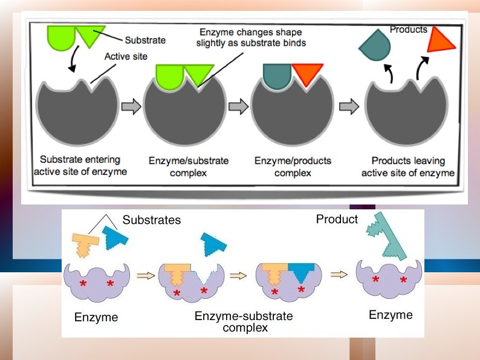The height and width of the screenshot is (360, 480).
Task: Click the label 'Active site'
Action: click(125, 57)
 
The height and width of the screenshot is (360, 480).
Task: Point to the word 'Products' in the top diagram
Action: click(408, 29)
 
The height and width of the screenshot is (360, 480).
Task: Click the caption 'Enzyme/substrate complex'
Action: click(189, 166)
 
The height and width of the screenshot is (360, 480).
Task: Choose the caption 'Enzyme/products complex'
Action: click(293, 166)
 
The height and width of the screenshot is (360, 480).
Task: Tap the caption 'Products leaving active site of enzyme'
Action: click(408, 166)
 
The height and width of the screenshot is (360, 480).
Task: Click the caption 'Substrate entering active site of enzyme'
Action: click(80, 166)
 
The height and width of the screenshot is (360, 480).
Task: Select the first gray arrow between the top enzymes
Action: click(129, 107)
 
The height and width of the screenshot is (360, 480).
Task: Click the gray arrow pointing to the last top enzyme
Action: click(348, 107)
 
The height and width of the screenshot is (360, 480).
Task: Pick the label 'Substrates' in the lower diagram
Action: click(152, 220)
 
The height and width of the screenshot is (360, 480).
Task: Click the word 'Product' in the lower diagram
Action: click(337, 219)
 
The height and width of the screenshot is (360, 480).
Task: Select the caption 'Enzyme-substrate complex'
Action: click(244, 322)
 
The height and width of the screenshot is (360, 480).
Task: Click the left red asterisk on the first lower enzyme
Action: click(82, 284)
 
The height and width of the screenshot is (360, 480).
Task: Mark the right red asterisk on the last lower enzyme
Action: click(403, 280)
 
